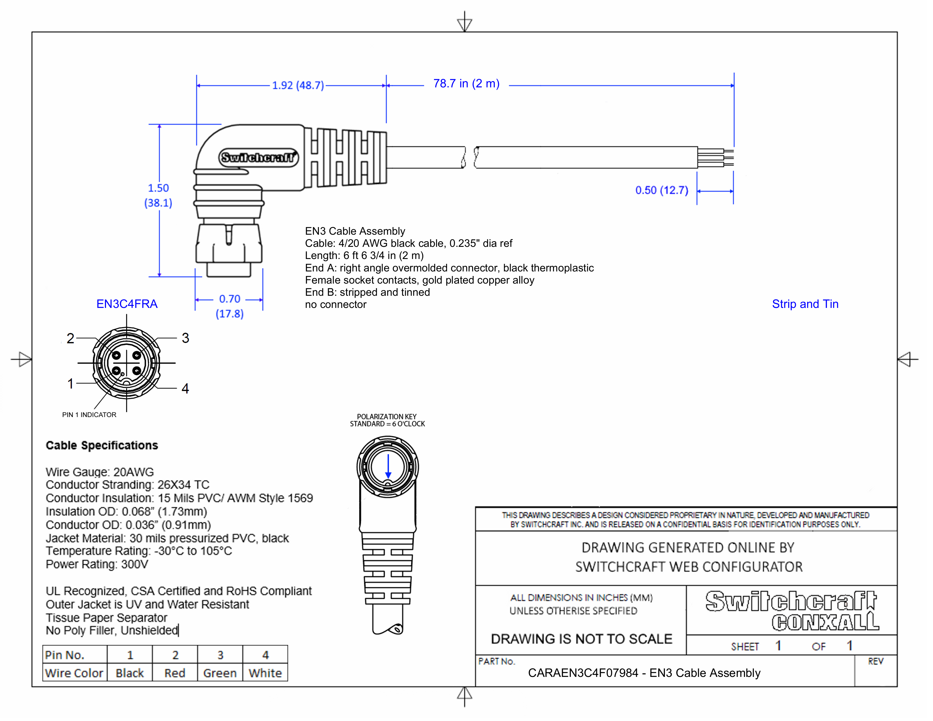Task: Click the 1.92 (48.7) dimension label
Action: point(298,85)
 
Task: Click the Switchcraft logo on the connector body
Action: point(258,157)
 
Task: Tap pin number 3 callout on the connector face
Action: point(185,338)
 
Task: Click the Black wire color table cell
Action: point(129,673)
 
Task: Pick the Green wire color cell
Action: point(220,673)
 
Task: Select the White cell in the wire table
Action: point(265,673)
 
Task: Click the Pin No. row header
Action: point(65,655)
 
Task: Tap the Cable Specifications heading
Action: point(102,446)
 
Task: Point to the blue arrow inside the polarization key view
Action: point(388,467)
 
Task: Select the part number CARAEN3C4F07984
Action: point(583,673)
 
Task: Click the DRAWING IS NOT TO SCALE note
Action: point(581,639)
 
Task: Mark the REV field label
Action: point(875,661)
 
